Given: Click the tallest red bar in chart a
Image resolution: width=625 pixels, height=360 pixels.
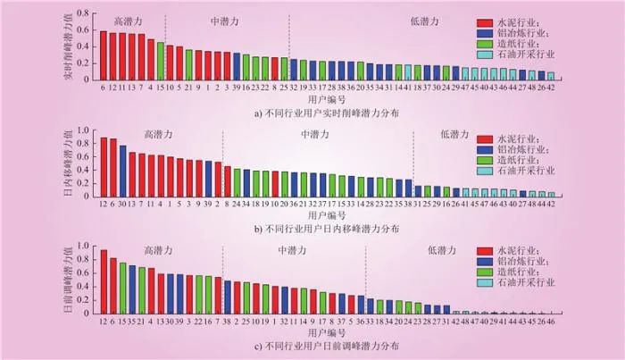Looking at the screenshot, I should (x=104, y=55).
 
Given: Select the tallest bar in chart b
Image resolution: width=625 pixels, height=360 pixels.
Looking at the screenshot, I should (x=104, y=167).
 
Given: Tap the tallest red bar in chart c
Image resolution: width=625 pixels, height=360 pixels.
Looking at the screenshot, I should (x=104, y=282).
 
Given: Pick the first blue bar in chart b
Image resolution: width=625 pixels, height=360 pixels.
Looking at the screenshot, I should (x=122, y=171).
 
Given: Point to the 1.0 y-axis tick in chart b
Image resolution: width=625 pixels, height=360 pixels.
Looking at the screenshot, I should (x=86, y=130).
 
